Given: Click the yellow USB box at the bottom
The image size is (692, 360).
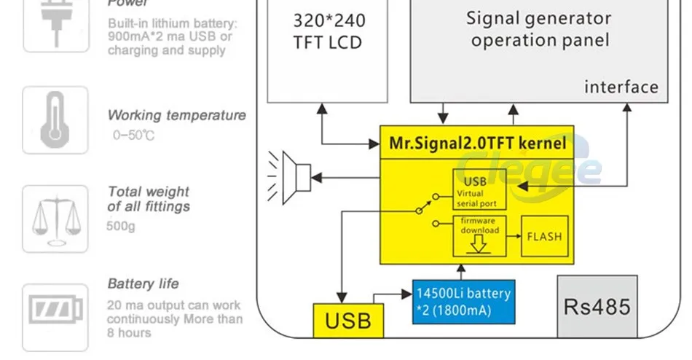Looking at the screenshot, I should (x=348, y=320).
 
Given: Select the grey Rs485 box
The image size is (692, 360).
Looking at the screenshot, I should (x=597, y=306).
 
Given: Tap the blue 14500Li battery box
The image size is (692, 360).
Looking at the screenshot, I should (x=464, y=302).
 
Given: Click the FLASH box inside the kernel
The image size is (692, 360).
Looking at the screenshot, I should (x=544, y=237).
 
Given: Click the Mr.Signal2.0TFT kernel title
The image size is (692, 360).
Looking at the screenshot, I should (x=477, y=144).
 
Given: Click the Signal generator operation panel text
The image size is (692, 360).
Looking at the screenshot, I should (x=539, y=29).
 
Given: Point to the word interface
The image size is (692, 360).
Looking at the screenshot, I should (x=621, y=87).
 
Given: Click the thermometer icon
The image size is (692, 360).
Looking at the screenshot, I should (x=55, y=120).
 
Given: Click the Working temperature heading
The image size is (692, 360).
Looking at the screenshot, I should (x=176, y=115).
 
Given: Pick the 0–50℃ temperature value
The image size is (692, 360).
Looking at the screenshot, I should (x=134, y=136).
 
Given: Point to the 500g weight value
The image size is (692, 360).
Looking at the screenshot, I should (x=122, y=227).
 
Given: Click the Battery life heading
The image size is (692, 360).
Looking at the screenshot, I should (x=143, y=283).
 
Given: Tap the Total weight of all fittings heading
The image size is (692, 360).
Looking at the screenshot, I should (x=149, y=199).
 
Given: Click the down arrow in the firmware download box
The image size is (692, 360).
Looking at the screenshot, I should (x=478, y=244).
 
